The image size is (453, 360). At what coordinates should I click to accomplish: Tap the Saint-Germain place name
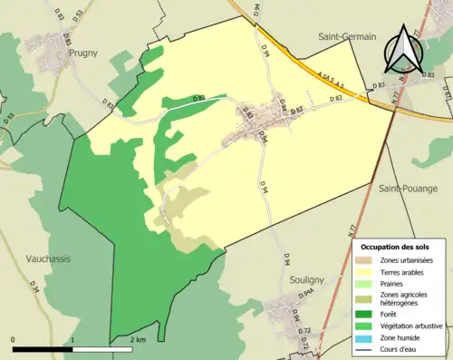tap(347, 36)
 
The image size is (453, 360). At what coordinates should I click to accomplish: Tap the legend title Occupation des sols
tap(396, 246)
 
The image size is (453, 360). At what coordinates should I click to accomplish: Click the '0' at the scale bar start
tap(14, 339)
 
